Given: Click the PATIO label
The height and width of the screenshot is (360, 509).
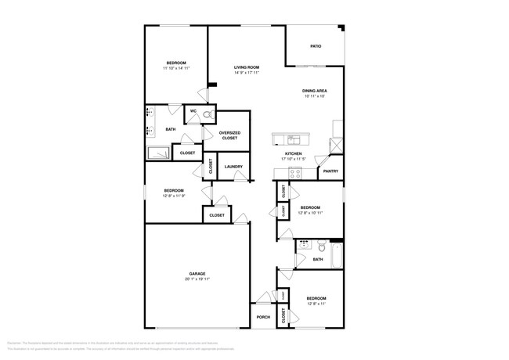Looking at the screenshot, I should [x=316, y=46].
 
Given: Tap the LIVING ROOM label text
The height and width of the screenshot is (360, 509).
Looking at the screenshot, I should [x=247, y=67].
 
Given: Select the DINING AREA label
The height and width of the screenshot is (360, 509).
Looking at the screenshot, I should [x=315, y=92].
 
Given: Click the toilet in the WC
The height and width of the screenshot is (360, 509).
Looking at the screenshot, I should [x=208, y=114].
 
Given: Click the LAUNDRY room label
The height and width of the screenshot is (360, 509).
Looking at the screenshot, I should [x=233, y=167].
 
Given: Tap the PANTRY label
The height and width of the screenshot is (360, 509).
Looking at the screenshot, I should [x=330, y=171].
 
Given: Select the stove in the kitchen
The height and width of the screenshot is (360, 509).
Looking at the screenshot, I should [x=296, y=175].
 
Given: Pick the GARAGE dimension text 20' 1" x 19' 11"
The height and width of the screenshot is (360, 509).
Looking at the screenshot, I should [x=196, y=279].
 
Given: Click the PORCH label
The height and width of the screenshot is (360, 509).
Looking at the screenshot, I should [x=262, y=317].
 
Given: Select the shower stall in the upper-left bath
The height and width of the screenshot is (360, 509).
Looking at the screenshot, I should [x=160, y=153].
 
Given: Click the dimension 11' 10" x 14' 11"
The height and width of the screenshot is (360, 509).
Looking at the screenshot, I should [x=176, y=68].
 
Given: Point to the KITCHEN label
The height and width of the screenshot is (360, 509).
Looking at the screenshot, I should [x=294, y=153].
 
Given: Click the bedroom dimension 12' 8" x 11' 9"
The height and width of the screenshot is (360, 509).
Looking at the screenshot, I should [x=174, y=196].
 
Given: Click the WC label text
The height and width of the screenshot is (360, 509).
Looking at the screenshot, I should [x=193, y=111].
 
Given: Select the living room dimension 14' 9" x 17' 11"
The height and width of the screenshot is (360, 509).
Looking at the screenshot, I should [x=247, y=74].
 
